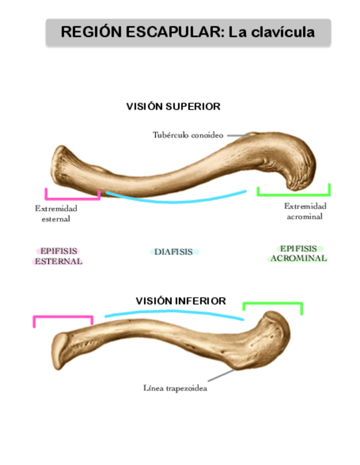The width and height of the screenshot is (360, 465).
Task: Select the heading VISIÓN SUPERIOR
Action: tap(173, 107)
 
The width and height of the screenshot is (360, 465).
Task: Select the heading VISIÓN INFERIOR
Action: tap(181, 301)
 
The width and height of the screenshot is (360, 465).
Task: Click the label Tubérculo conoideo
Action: tap(188, 135)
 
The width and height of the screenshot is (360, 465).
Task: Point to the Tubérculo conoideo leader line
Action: tap(239, 135)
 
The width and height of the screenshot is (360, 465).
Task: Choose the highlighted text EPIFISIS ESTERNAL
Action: tap(58, 256)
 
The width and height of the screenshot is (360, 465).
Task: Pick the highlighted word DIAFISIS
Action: tap(173, 252)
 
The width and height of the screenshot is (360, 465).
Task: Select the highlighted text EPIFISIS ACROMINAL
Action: tap(298, 253)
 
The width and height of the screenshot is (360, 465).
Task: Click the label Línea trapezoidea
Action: tap(175, 389)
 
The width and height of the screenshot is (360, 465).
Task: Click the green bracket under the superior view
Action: tap(294, 194)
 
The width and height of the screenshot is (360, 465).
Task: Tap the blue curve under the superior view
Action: tap(176, 200)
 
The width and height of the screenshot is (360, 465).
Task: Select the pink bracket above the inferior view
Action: tap(63, 317)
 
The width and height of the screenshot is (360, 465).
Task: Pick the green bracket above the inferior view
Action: tap(273, 304)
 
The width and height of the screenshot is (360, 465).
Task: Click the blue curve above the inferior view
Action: tap(175, 313)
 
